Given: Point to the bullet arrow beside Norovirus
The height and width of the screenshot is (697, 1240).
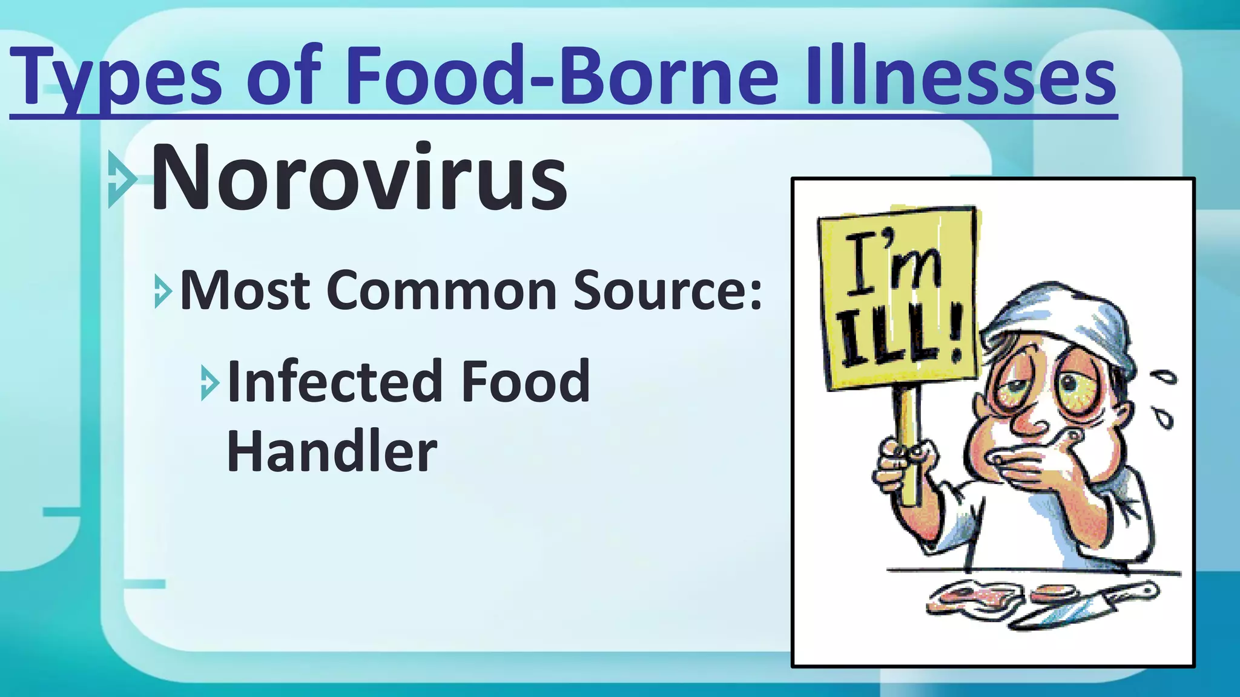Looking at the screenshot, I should pos(121,179).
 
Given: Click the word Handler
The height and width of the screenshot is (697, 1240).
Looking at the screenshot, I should pos(332,451).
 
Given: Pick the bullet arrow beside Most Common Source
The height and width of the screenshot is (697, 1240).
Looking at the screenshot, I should pos(162,291).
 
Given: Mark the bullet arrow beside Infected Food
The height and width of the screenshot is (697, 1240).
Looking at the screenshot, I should pos(209,382).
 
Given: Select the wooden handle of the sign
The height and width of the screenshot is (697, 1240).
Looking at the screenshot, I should pos(908,448).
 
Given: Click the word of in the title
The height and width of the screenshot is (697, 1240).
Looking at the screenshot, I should pos(282,79).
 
